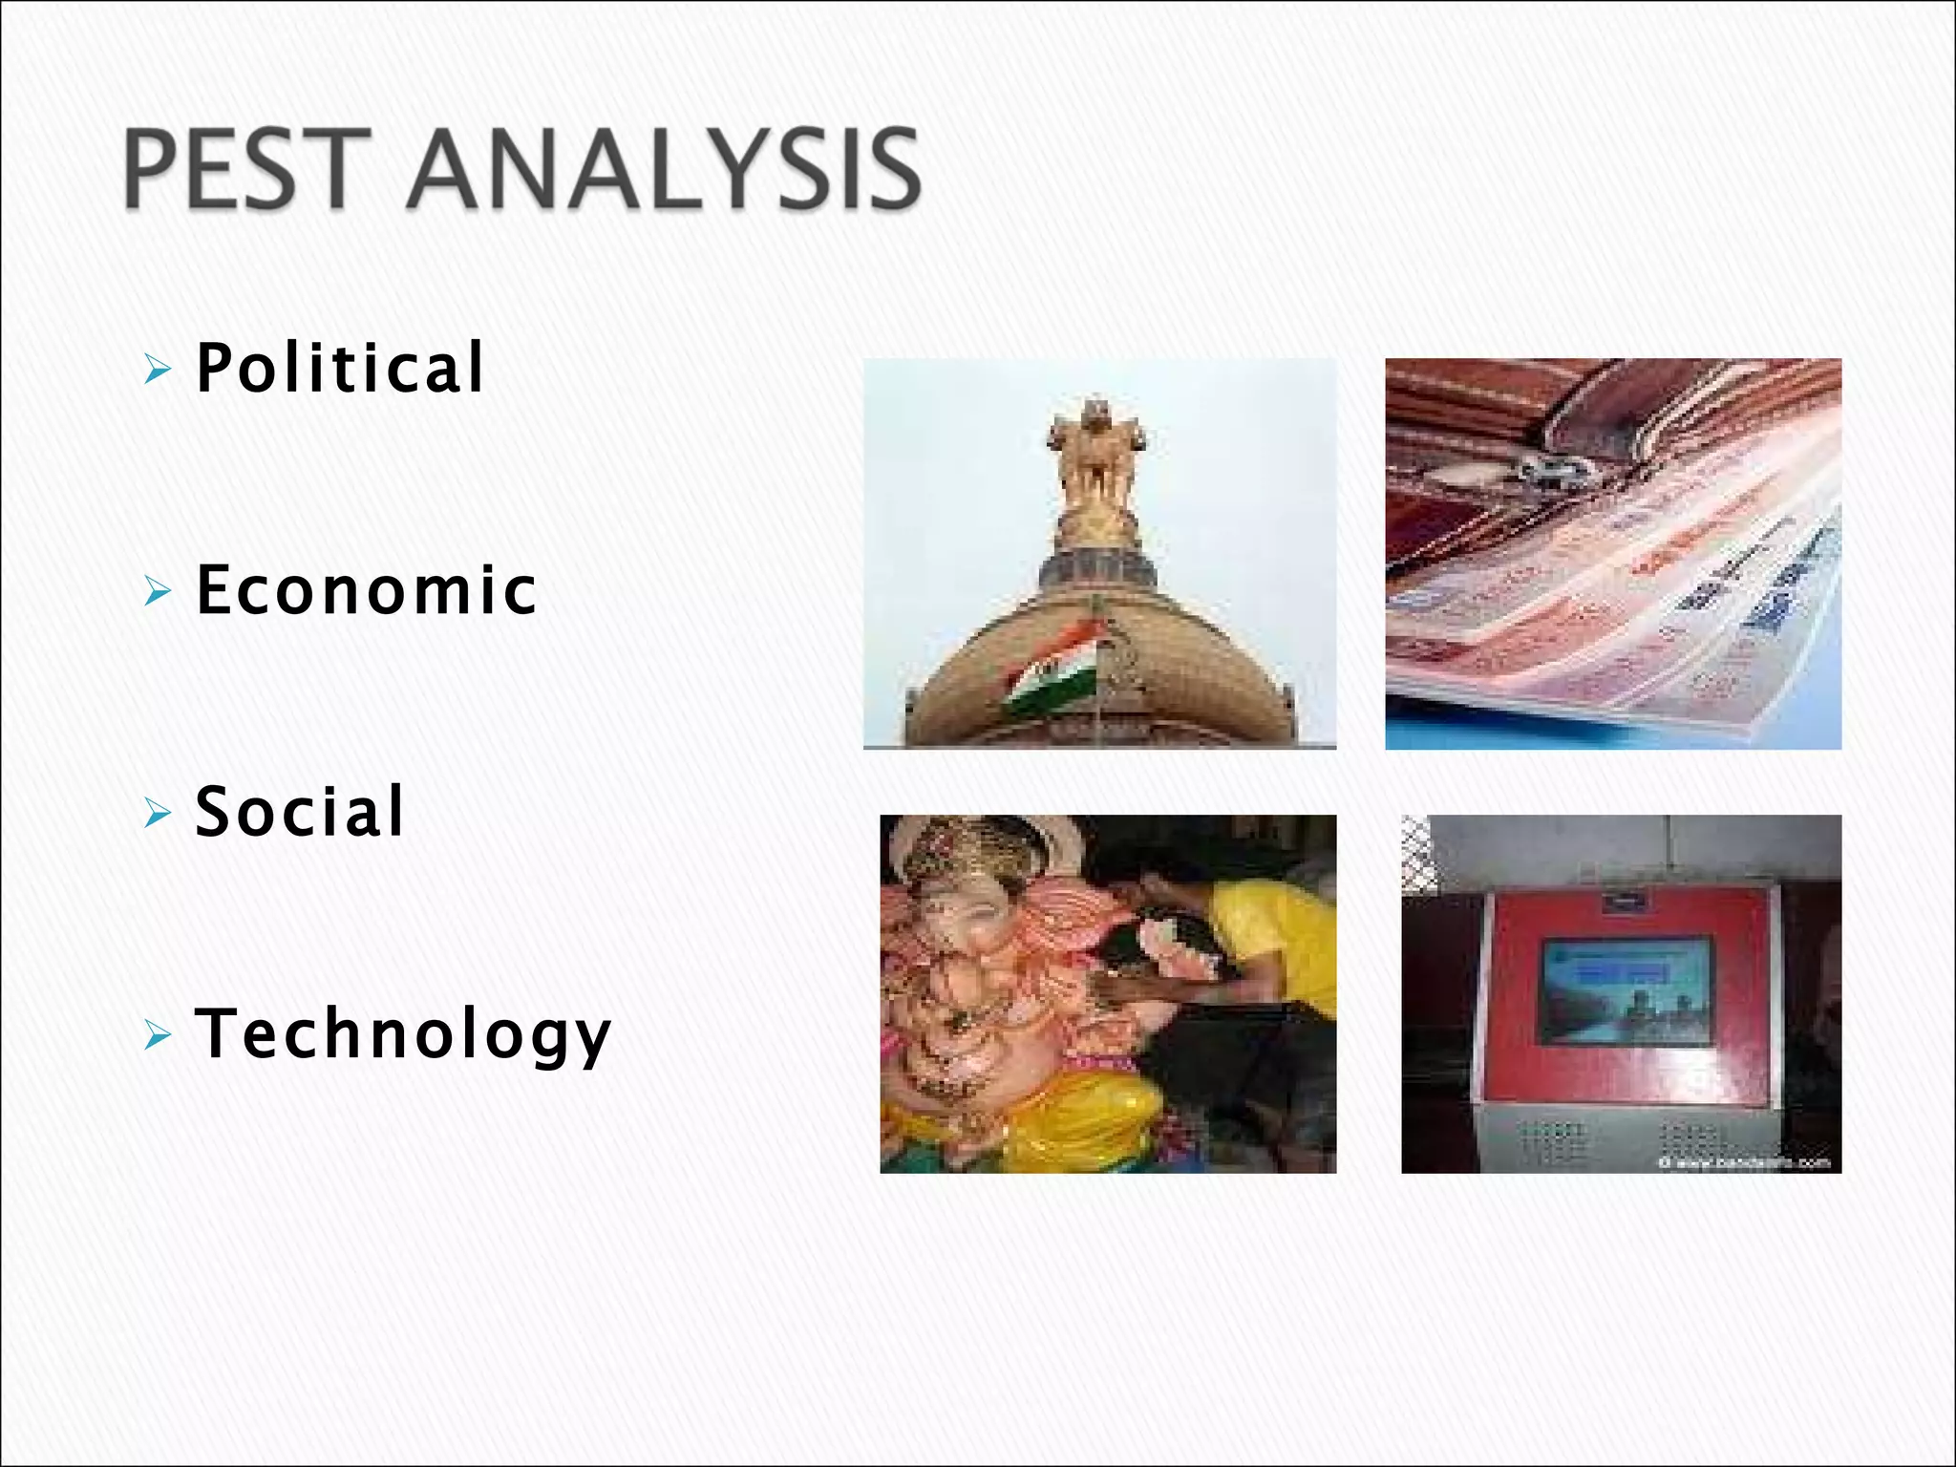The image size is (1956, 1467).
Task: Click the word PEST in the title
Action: (246, 169)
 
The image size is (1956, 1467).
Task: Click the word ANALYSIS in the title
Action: (663, 169)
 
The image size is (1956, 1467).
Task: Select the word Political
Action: (340, 368)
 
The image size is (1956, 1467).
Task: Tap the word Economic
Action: (367, 590)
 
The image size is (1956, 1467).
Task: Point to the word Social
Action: (300, 812)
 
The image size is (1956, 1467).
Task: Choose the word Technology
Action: (402, 1034)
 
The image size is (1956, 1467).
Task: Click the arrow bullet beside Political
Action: (158, 368)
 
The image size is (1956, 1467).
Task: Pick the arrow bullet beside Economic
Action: (158, 591)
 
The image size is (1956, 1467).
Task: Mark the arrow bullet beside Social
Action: (158, 814)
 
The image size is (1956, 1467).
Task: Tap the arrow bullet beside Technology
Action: (158, 1035)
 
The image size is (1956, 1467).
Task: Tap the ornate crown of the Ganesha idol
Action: (965, 845)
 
